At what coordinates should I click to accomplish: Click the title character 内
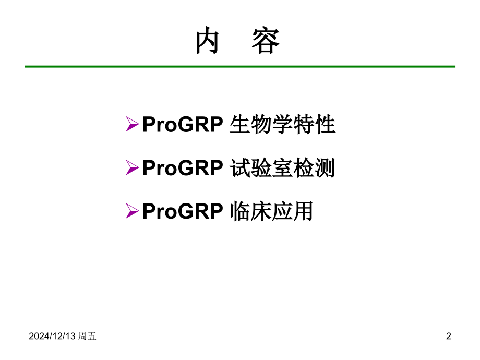coord(207,42)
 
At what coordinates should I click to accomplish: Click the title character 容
coord(266,42)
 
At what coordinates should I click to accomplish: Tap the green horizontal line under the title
coord(240,67)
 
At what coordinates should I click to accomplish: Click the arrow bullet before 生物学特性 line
coord(132,125)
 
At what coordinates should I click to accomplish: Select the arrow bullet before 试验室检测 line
coord(132,168)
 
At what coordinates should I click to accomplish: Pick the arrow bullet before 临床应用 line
coord(132,211)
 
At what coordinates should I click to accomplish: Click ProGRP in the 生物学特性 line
coord(183,125)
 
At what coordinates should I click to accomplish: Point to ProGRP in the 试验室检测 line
coord(183,169)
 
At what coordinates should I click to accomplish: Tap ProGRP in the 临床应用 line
coord(183,212)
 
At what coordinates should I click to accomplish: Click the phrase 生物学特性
coord(282,125)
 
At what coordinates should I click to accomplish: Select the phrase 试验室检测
coord(282,169)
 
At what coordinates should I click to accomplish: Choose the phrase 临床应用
coord(271,212)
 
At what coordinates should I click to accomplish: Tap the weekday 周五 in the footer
coord(87,337)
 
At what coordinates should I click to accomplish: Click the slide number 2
coord(449,337)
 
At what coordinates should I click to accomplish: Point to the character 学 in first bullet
coord(282,125)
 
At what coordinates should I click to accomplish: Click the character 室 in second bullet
coord(282,169)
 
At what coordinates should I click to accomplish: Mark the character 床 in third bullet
coord(261,212)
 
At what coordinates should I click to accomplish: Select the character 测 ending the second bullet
coord(325,169)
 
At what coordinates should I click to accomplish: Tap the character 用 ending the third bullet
coord(303,212)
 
